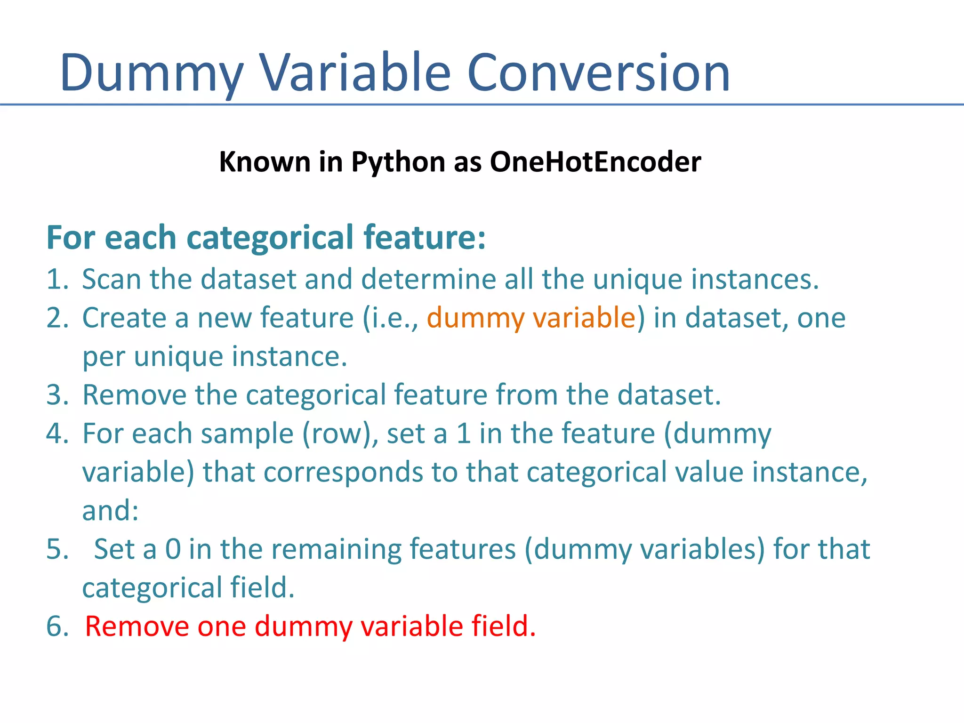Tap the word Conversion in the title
[x=599, y=73]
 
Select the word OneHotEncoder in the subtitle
[x=595, y=162]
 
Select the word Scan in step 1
[x=112, y=279]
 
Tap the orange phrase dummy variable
[x=531, y=318]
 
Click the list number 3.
[x=56, y=395]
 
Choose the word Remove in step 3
[x=134, y=395]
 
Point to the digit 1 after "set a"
[x=464, y=434]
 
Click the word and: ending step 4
[x=111, y=511]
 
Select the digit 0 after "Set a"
[x=173, y=549]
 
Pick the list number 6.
[x=56, y=627]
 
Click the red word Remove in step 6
[x=137, y=627]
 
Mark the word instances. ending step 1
[x=755, y=279]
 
